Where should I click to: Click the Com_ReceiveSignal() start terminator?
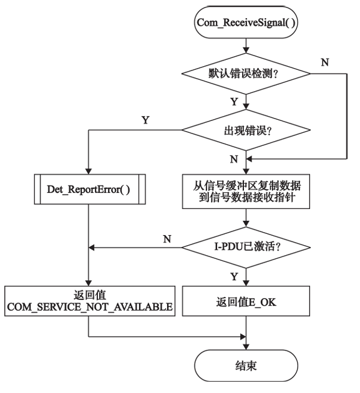[x=246, y=22]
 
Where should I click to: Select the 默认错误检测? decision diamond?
[x=246, y=74]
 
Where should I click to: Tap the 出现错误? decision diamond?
[x=246, y=130]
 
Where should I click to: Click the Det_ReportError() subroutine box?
[x=90, y=189]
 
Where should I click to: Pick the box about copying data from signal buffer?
[x=246, y=192]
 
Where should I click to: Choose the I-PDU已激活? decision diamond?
[x=246, y=248]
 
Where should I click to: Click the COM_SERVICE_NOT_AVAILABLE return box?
[x=90, y=301]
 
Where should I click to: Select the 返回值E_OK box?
[x=246, y=301]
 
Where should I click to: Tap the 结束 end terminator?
[x=246, y=366]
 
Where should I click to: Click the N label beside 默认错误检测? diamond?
[x=325, y=62]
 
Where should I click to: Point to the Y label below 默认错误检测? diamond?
[x=234, y=102]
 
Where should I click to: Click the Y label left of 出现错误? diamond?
[x=145, y=120]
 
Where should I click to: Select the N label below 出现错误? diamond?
[x=234, y=159]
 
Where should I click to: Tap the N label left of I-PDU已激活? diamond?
[x=167, y=239]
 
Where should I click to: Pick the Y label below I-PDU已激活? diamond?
[x=234, y=276]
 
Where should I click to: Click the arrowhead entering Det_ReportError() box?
[x=89, y=172]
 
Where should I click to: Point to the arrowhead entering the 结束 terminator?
[x=246, y=347]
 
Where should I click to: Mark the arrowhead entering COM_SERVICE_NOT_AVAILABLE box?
[x=89, y=283]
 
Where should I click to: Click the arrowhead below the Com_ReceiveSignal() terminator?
[x=246, y=50]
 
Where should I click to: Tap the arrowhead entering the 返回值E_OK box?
[x=246, y=283]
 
